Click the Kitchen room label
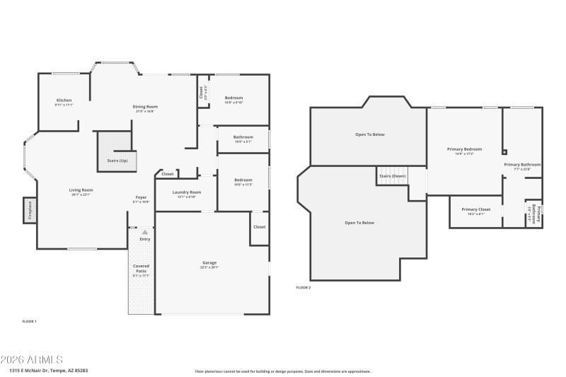64,100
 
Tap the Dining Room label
144,107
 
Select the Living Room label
81,190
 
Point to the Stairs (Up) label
117,161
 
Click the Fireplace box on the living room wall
30,211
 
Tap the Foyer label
141,198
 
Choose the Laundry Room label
186,192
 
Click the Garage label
209,262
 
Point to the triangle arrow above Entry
144,231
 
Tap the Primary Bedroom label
464,149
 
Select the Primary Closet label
475,209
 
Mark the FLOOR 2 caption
303,288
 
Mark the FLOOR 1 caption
29,322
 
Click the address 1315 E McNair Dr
49,370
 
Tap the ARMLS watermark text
32,359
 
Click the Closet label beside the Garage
259,227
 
